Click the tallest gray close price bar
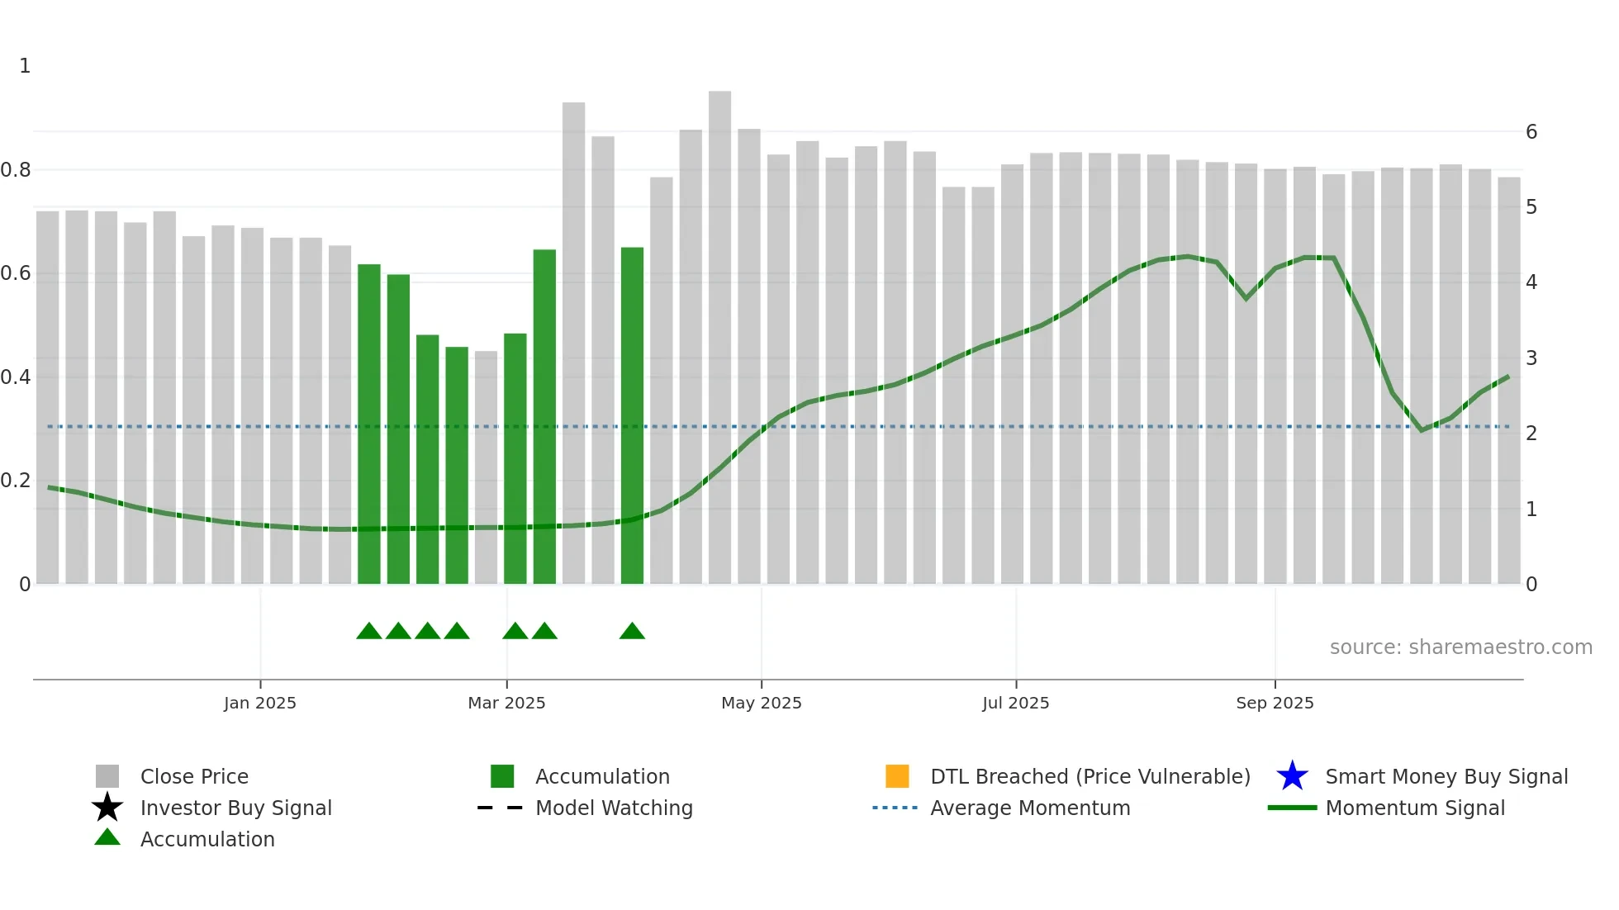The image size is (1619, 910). pyautogui.click(x=719, y=330)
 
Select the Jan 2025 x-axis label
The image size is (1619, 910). pyautogui.click(x=259, y=703)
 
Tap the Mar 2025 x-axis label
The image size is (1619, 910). pyautogui.click(x=506, y=703)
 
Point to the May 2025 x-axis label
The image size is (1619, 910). pyautogui.click(x=761, y=703)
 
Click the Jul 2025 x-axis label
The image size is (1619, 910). pyautogui.click(x=1015, y=703)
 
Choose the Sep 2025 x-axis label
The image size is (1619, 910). pyautogui.click(x=1275, y=703)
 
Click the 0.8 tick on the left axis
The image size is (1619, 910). pyautogui.click(x=17, y=170)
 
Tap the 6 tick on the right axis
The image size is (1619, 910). pyautogui.click(x=1531, y=132)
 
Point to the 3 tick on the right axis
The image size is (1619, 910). pyautogui.click(x=1531, y=358)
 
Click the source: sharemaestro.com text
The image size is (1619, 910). pyautogui.click(x=1460, y=647)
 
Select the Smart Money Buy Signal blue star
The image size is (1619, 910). pyautogui.click(x=1292, y=776)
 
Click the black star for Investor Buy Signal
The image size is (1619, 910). pyautogui.click(x=107, y=808)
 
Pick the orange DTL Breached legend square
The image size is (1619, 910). pyautogui.click(x=897, y=776)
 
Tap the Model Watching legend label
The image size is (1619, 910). pyautogui.click(x=614, y=808)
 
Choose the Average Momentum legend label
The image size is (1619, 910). pyautogui.click(x=1030, y=808)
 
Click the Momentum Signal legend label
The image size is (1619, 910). pyautogui.click(x=1415, y=808)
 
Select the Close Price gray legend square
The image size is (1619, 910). pyautogui.click(x=107, y=776)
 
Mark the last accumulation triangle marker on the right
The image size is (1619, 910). pyautogui.click(x=632, y=632)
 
